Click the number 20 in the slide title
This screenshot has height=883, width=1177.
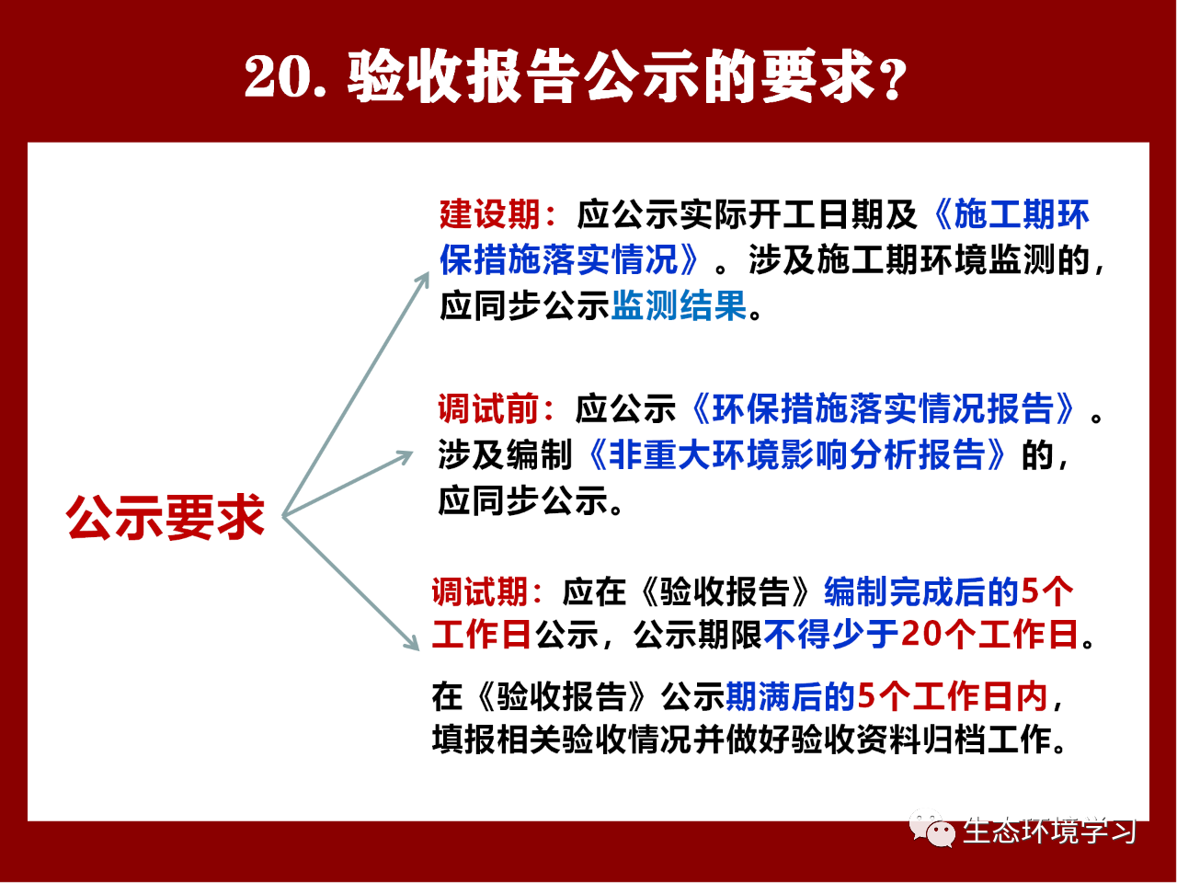tap(278, 76)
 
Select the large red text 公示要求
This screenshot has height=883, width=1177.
tap(166, 517)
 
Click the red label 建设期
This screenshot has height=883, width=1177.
tap(489, 214)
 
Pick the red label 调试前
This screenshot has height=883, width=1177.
tap(488, 408)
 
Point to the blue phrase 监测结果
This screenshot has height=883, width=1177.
tap(679, 305)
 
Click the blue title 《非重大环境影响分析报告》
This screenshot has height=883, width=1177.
tap(796, 455)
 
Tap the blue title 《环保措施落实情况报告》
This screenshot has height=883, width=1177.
tap(883, 408)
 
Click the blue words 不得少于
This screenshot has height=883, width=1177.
tap(832, 635)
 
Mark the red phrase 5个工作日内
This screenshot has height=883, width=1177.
tap(953, 697)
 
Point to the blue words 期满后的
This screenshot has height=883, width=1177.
tap(791, 697)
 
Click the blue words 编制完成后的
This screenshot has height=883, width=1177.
tap(921, 592)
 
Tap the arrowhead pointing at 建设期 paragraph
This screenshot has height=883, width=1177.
tap(424, 281)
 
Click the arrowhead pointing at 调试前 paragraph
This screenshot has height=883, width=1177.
tap(405, 456)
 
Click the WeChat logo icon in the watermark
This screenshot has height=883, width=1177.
tap(932, 830)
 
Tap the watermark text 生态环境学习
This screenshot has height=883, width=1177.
tap(1049, 831)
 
